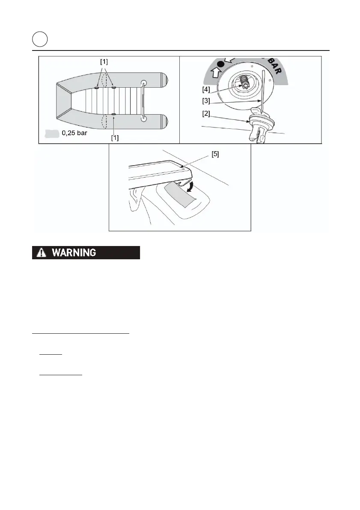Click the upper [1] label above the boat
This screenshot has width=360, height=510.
click(x=104, y=62)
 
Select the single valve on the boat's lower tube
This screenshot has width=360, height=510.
click(x=114, y=114)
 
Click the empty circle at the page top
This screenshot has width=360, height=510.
click(x=39, y=40)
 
